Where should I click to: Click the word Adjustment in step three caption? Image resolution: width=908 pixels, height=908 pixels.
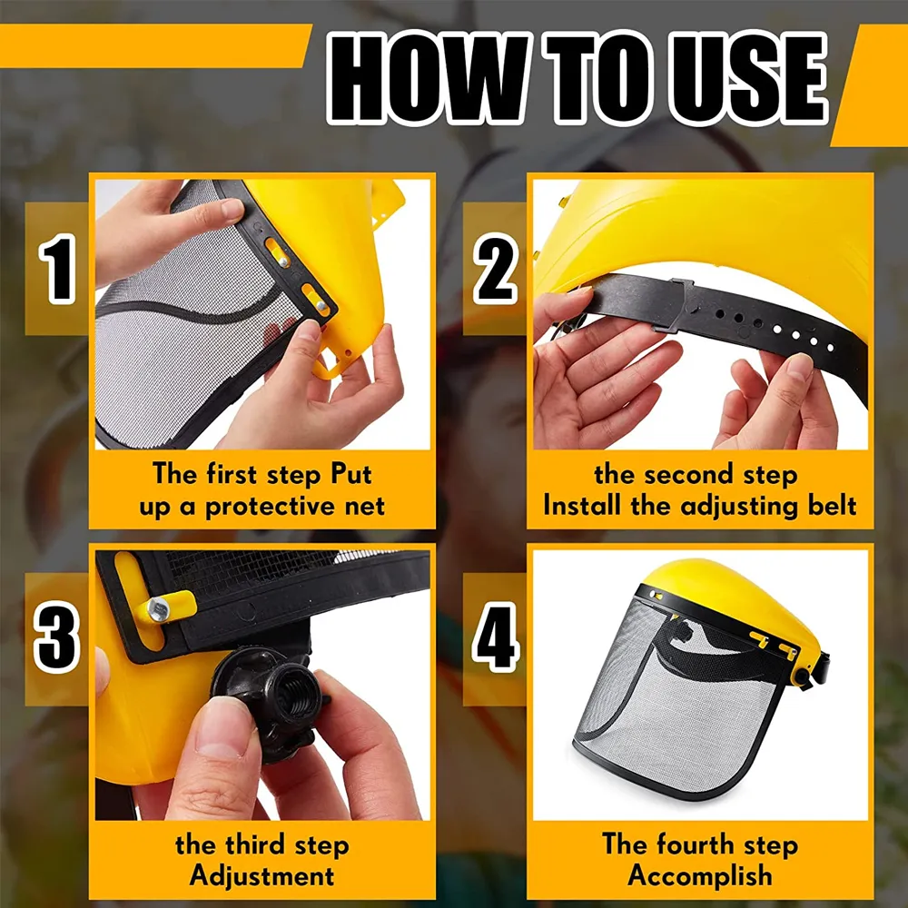coord(262,876)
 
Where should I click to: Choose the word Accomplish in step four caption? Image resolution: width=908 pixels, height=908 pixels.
coord(700,876)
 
